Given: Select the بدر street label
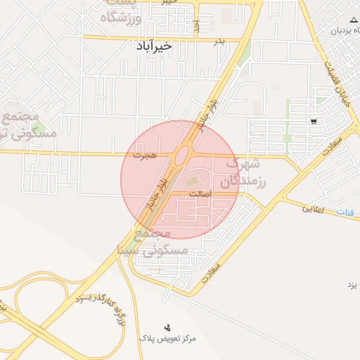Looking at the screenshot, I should click(x=219, y=41).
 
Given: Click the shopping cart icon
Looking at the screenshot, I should click(x=313, y=121).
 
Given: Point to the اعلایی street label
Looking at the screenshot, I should click(x=313, y=209).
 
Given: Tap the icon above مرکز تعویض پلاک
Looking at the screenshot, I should click(x=167, y=327).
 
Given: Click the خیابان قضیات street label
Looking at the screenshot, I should click(x=335, y=79).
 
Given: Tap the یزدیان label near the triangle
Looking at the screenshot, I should click(x=337, y=31).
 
